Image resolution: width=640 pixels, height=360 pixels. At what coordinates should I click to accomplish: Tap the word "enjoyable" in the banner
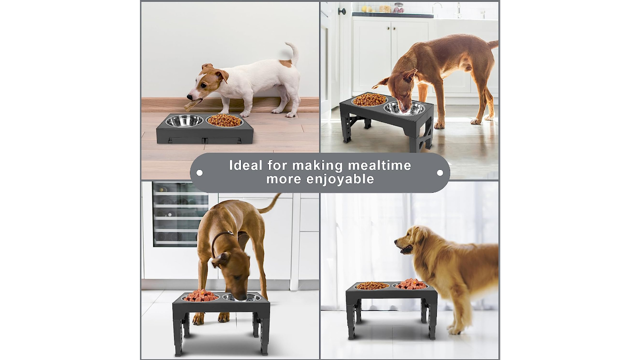click(340, 180)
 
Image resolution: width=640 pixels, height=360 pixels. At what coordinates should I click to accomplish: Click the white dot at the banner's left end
click(200, 173)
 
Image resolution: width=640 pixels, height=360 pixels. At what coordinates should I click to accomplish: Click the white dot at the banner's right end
click(440, 173)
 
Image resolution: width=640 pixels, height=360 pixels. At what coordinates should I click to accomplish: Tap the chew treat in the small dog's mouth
click(193, 105)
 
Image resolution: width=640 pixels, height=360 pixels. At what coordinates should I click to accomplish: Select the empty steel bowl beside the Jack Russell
click(184, 121)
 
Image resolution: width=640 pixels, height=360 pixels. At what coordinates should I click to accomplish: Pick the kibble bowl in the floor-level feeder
click(224, 120)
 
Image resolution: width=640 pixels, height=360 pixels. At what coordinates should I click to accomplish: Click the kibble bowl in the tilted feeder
click(369, 100)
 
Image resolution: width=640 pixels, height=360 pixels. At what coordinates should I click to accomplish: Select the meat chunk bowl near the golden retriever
click(411, 284)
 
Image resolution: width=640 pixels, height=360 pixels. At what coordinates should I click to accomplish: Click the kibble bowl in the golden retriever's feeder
click(372, 285)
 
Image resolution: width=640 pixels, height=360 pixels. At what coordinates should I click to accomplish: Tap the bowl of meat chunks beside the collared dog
click(201, 296)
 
